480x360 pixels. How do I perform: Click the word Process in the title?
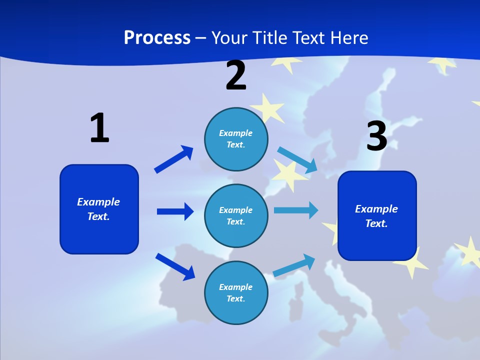tap(157, 38)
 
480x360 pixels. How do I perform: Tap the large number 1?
tap(99, 128)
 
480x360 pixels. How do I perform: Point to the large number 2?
tap(236, 75)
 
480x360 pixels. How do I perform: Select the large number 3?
tap(376, 136)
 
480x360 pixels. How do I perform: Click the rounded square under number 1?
tap(99, 209)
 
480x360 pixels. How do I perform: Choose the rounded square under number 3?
tap(377, 216)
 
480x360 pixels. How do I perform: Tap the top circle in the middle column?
tap(236, 139)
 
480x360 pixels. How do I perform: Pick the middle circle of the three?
tap(236, 216)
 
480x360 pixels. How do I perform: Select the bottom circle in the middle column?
tap(236, 293)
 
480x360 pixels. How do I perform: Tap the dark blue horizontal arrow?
tap(175, 211)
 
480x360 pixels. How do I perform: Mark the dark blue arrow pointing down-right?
tap(175, 266)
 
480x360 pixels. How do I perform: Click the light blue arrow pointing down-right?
tap(297, 160)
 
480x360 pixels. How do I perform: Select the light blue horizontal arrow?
tap(296, 210)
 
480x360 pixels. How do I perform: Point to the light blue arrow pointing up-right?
tap(294, 265)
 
